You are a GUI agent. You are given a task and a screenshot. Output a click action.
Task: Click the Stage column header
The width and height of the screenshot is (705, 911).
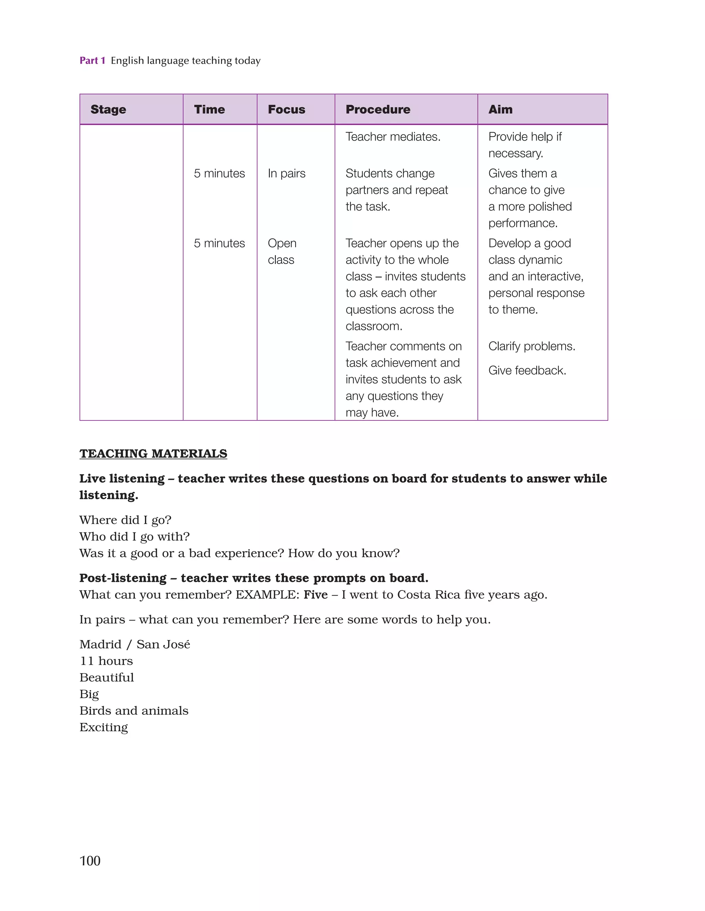click(x=108, y=109)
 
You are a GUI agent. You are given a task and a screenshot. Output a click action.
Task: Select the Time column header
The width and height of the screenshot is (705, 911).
click(x=209, y=109)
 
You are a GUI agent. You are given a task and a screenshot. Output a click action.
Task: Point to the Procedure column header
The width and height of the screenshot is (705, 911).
click(x=378, y=109)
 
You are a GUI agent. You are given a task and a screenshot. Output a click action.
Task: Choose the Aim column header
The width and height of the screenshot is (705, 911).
click(x=500, y=109)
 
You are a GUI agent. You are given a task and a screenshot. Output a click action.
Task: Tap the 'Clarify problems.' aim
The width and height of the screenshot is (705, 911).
click(x=532, y=346)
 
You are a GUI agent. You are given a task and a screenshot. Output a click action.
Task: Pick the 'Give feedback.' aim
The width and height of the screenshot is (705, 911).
click(x=527, y=370)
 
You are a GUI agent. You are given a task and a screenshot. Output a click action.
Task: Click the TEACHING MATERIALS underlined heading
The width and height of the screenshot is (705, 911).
click(x=153, y=453)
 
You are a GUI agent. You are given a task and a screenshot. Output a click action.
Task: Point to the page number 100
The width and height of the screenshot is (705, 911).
click(x=90, y=860)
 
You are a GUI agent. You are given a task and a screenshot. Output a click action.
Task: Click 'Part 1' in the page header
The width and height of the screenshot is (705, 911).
click(x=92, y=61)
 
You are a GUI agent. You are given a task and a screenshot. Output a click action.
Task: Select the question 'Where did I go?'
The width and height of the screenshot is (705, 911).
click(x=125, y=520)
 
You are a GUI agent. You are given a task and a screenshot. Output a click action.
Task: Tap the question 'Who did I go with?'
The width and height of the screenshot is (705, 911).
click(x=134, y=537)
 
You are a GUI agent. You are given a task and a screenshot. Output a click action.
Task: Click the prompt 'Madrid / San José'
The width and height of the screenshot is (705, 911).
click(x=134, y=645)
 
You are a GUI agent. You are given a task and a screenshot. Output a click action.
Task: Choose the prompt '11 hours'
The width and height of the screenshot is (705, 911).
click(x=106, y=661)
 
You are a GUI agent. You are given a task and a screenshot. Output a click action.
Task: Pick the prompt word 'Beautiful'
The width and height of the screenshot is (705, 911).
click(x=106, y=678)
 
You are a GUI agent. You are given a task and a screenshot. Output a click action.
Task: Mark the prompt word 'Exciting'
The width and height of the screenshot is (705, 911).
click(x=104, y=727)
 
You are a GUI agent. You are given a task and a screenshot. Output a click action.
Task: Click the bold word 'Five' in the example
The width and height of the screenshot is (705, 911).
click(x=315, y=595)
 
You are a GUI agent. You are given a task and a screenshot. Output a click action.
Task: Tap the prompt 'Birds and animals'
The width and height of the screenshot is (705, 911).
click(x=134, y=711)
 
